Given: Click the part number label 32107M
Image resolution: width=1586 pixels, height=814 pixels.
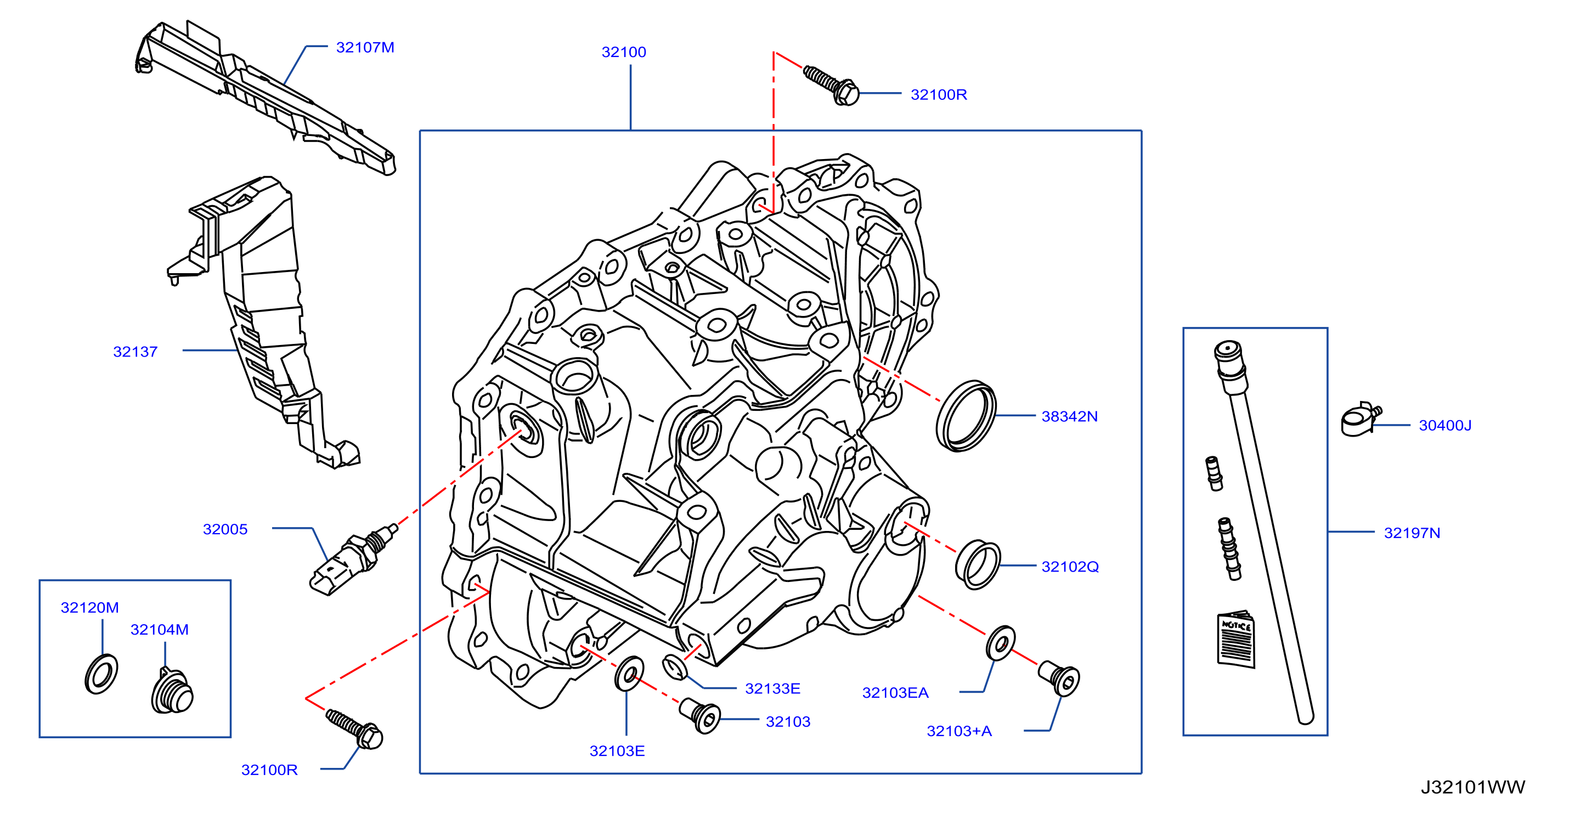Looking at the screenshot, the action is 365,47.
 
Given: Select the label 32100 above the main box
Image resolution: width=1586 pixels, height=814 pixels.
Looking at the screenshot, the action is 624,52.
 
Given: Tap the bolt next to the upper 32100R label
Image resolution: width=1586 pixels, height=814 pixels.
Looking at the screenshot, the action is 831,86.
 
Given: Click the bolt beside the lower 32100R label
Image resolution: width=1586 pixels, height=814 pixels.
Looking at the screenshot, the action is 354,729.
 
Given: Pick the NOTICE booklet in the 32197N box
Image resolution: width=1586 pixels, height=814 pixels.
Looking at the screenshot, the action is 1235,639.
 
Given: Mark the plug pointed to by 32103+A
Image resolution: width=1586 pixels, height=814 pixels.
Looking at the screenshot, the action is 1058,679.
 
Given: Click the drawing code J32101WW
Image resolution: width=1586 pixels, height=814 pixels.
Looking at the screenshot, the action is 1472,787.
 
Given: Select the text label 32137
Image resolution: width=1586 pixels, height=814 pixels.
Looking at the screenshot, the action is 136,352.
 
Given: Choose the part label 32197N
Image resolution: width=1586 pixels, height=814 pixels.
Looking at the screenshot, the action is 1412,533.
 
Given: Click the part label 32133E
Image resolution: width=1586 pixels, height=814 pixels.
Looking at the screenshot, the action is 772,688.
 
